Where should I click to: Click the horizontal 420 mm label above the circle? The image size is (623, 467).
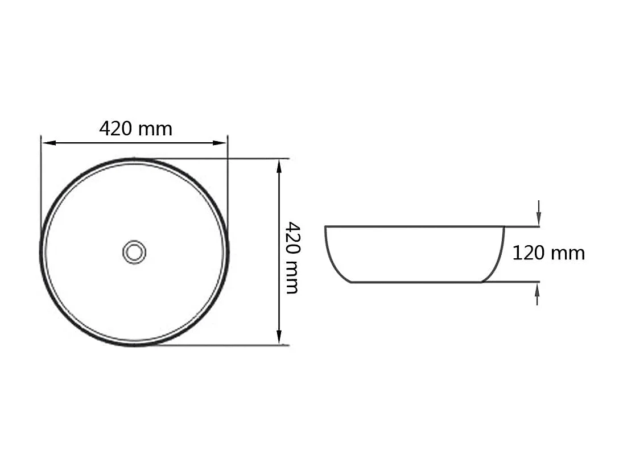135,129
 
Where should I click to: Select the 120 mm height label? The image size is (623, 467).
548,253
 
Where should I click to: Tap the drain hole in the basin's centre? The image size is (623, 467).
134,251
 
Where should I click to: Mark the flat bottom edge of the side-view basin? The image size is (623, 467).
415,282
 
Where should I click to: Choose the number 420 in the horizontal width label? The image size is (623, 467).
116,129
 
